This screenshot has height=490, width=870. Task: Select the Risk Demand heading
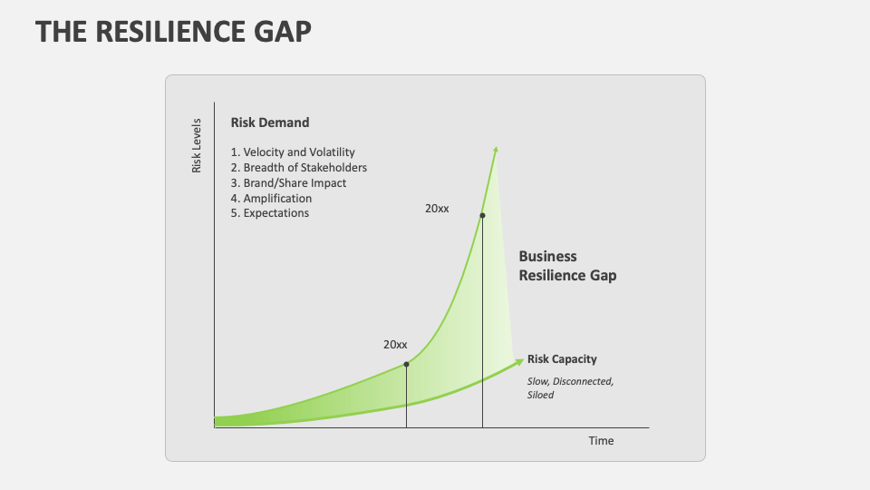[x=270, y=122]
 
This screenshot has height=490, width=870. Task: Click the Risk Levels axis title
[x=196, y=145]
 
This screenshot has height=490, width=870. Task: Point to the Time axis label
[x=601, y=441]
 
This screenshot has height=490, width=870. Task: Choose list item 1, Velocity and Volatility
[x=293, y=152]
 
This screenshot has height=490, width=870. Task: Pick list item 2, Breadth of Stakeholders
[x=299, y=168]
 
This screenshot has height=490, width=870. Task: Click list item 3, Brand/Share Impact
[x=288, y=183]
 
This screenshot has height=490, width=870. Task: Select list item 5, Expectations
[x=270, y=213]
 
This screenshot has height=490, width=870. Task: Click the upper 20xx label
[x=437, y=209]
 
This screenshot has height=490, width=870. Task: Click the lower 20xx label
[x=395, y=345]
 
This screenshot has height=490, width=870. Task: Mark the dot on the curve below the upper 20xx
[x=482, y=215]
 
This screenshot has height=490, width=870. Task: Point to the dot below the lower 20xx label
[x=406, y=364]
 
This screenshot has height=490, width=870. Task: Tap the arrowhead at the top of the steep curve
[x=496, y=150]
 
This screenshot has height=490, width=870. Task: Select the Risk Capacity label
[x=562, y=359]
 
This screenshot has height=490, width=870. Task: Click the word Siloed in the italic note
[x=540, y=395]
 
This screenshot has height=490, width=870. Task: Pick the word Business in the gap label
[x=547, y=257]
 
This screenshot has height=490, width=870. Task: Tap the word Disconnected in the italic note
[x=585, y=381]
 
